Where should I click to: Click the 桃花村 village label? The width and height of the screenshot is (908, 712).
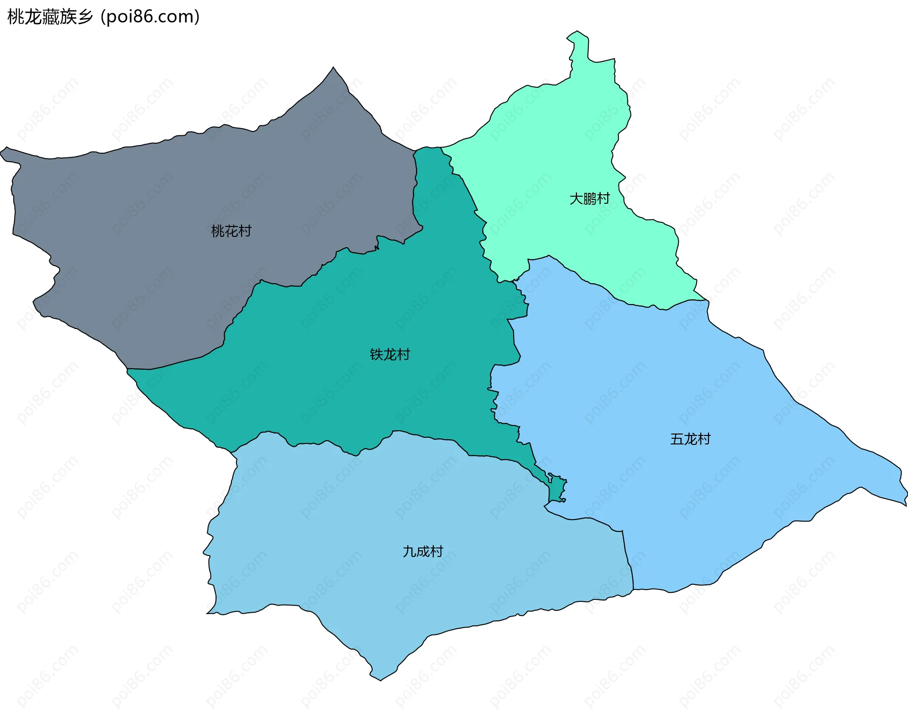tap(231, 231)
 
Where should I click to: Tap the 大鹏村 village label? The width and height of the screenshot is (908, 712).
tap(590, 199)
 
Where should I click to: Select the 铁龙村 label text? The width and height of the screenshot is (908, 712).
tap(390, 355)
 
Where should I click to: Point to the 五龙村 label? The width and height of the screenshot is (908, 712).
tap(690, 439)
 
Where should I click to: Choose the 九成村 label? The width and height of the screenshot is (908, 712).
tap(423, 552)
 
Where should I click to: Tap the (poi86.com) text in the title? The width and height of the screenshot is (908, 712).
tap(150, 17)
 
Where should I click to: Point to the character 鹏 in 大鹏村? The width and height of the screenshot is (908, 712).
tap(590, 199)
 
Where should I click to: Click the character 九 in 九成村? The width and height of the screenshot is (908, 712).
tap(409, 552)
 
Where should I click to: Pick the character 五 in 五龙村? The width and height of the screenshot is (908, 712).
tap(677, 439)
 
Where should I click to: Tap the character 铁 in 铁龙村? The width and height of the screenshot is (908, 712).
tap(376, 355)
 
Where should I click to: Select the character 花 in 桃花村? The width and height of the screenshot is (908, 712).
tap(231, 231)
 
